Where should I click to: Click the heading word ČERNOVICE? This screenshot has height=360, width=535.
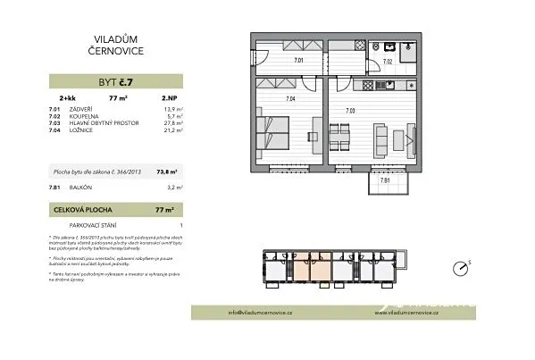point(118,52)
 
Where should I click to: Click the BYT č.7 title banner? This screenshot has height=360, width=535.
point(117,81)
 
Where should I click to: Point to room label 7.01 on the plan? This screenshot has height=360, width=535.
point(299,62)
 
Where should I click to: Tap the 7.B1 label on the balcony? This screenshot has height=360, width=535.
point(385,181)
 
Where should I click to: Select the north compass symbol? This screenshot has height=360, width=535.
point(461,267)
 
